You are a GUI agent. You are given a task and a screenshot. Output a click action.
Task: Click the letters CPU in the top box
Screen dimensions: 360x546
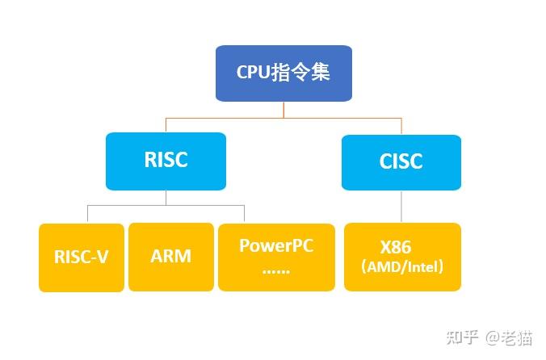point(252,73)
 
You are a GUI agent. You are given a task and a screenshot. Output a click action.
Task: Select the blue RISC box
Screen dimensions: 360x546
point(166,161)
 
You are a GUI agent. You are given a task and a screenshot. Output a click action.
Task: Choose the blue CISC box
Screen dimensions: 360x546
point(401,161)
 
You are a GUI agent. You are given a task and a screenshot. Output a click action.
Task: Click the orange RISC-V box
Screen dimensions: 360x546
point(82,257)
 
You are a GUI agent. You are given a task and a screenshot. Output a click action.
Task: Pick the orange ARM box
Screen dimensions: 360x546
point(170,257)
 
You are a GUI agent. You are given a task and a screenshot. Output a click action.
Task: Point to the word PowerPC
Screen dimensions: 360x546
point(275,245)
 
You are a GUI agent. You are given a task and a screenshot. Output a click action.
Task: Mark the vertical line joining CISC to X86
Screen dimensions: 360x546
point(401,207)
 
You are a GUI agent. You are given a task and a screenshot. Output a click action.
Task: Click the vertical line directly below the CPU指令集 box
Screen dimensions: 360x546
point(283,110)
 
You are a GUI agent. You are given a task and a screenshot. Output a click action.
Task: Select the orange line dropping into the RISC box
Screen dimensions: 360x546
point(166,125)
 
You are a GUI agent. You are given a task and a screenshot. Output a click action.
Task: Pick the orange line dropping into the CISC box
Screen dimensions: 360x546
point(401,126)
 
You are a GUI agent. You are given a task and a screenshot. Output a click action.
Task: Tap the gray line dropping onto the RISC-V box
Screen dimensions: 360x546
point(88,214)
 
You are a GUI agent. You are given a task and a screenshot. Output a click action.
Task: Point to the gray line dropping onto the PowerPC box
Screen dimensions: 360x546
point(244,214)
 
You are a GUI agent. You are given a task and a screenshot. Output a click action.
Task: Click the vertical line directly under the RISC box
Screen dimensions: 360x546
point(166,198)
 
